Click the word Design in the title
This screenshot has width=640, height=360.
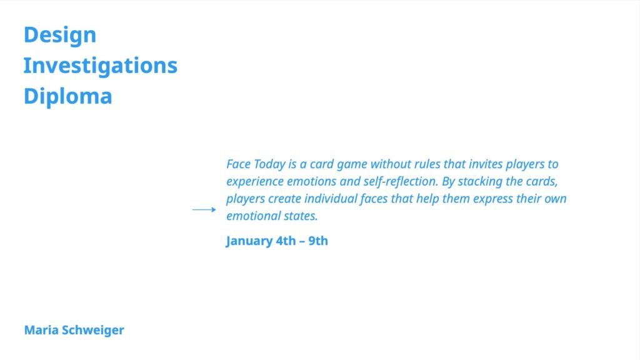tap(60, 35)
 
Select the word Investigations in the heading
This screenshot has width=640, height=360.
tap(101, 66)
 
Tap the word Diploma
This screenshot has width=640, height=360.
tap(67, 97)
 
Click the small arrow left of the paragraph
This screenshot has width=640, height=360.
tap(204, 210)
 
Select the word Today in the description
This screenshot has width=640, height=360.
tap(270, 164)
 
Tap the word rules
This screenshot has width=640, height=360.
tap(427, 164)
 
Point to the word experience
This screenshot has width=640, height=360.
tap(255, 182)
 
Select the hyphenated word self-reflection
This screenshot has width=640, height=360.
tap(401, 182)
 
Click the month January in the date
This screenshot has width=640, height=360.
tap(249, 241)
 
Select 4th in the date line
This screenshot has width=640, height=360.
tap(286, 241)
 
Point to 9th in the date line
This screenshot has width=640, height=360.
tap(318, 241)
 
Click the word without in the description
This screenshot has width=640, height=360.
tap(391, 164)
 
